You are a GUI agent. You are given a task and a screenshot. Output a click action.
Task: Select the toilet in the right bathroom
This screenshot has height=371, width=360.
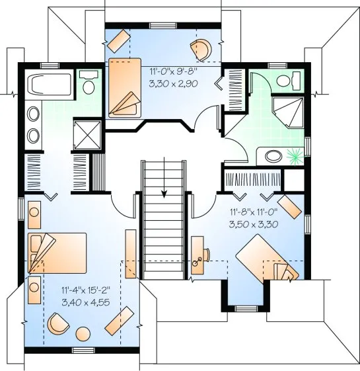click(x=285, y=81)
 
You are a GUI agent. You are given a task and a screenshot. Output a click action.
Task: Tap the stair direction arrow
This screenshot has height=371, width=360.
click(x=164, y=184)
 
